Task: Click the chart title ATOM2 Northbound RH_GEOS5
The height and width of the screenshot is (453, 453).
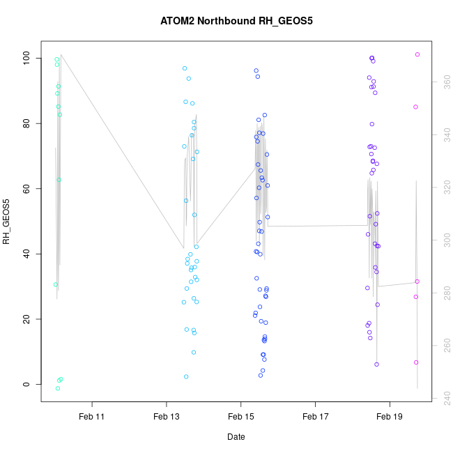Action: pyautogui.click(x=236, y=21)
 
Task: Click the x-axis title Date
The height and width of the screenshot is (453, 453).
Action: pyautogui.click(x=236, y=437)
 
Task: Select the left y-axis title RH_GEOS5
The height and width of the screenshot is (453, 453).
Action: pyautogui.click(x=7, y=222)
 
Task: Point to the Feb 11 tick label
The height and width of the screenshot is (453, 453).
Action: pyautogui.click(x=92, y=416)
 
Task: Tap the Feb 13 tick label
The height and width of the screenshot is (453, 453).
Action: pyautogui.click(x=167, y=416)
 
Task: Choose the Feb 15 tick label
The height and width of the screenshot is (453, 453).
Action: pyautogui.click(x=240, y=416)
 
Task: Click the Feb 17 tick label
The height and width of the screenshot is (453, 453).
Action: pyautogui.click(x=315, y=416)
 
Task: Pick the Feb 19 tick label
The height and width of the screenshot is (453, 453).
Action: pyautogui.click(x=389, y=416)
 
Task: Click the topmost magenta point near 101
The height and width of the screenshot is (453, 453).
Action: pyautogui.click(x=417, y=54)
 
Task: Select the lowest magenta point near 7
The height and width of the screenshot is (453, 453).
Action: pyautogui.click(x=416, y=362)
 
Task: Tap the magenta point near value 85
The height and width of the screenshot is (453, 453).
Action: pyautogui.click(x=415, y=107)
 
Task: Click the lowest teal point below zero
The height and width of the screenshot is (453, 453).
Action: pyautogui.click(x=57, y=388)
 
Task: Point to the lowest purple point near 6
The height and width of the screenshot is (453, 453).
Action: pyautogui.click(x=376, y=364)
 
